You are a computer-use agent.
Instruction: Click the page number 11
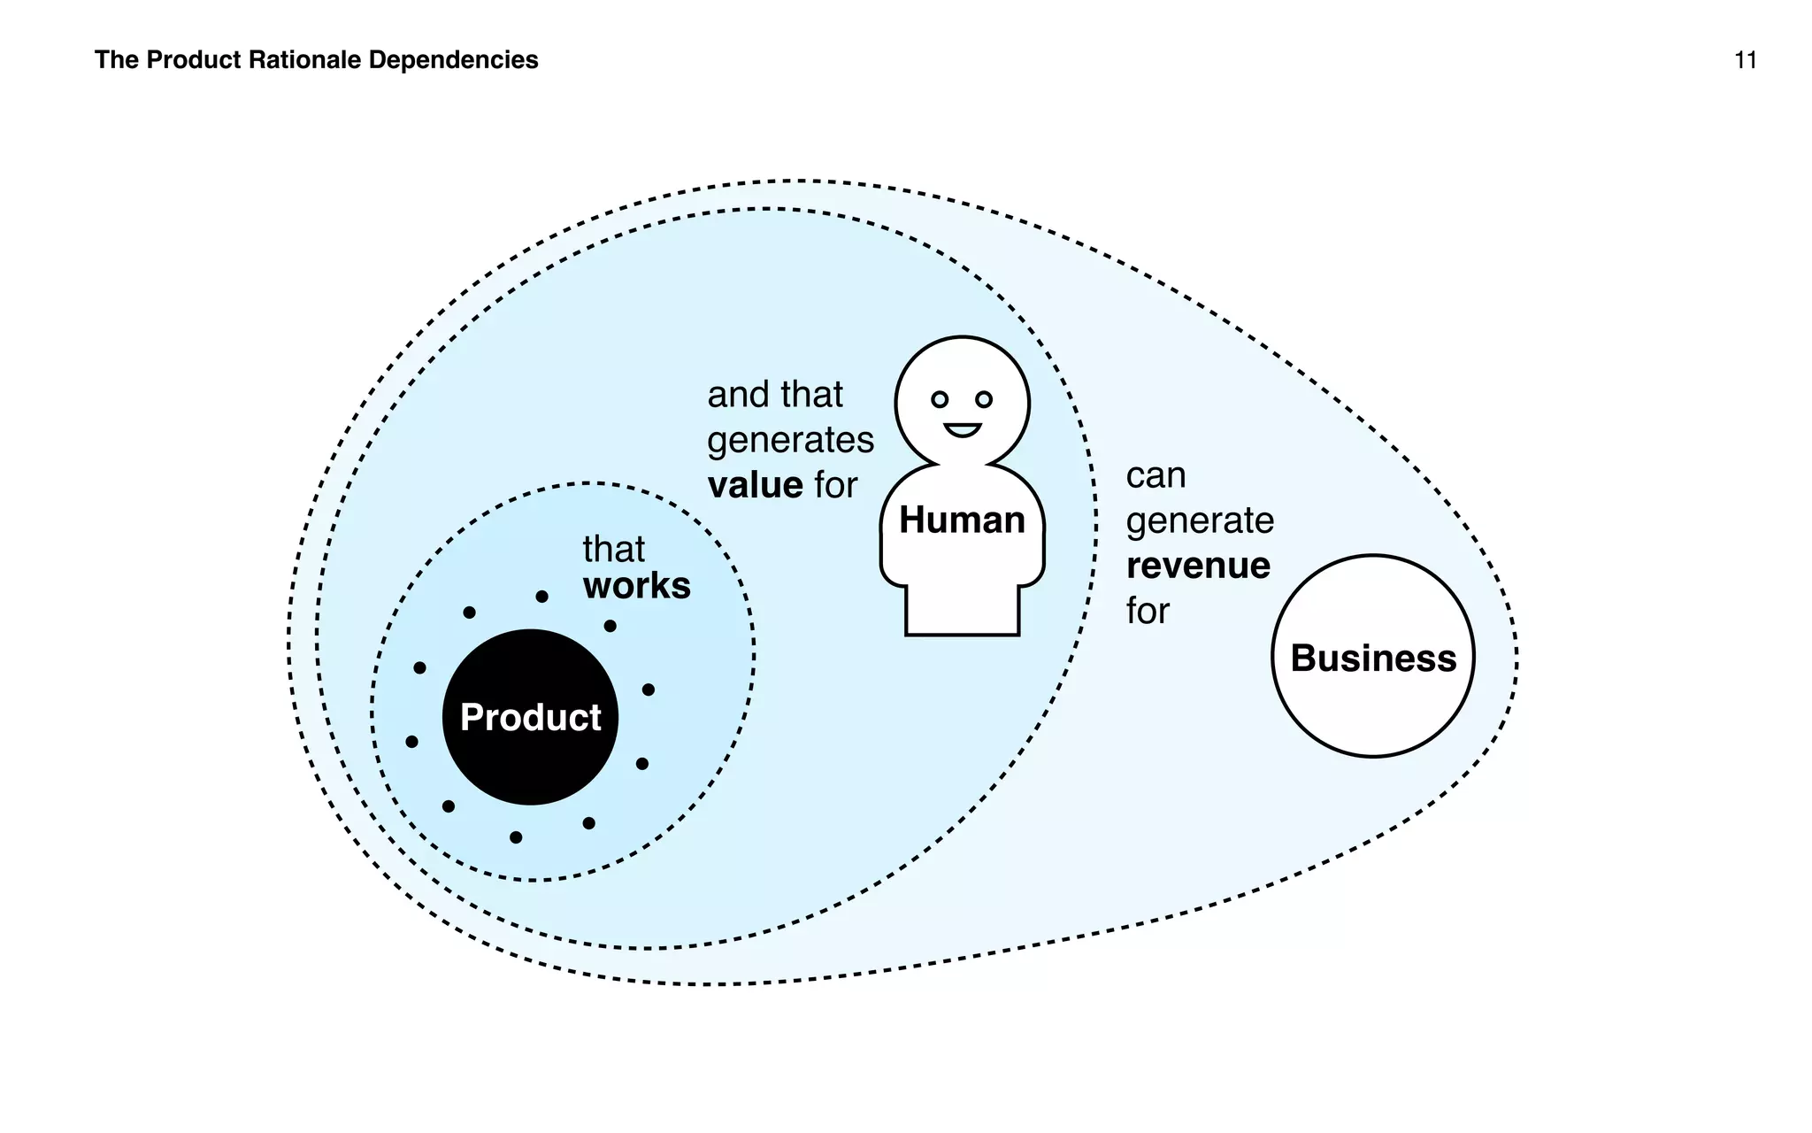(x=1745, y=60)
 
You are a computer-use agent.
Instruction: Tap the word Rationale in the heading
(x=305, y=60)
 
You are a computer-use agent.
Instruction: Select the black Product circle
(x=530, y=717)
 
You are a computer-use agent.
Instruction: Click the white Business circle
(x=1372, y=657)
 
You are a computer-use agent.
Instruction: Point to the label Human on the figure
(x=962, y=520)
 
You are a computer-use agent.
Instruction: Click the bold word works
(x=636, y=586)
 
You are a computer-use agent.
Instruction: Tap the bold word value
(x=755, y=485)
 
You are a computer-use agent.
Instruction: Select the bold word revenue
(x=1198, y=566)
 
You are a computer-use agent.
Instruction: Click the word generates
(x=790, y=440)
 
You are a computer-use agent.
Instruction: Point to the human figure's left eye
(x=940, y=400)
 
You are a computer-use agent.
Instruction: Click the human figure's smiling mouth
(x=962, y=430)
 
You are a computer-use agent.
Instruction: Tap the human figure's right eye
(x=984, y=400)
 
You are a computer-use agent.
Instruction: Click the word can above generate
(x=1155, y=476)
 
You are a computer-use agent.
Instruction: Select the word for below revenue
(x=1148, y=612)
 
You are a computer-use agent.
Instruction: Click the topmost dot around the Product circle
(x=541, y=597)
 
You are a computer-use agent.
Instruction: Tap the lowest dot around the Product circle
(x=516, y=837)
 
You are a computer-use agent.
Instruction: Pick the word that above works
(x=613, y=550)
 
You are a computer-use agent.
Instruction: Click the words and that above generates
(x=774, y=395)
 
